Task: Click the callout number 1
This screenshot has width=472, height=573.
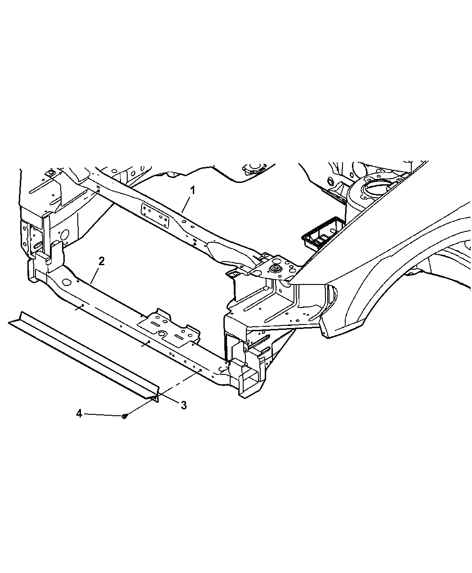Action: (x=193, y=190)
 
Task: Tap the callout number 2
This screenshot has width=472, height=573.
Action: (x=101, y=262)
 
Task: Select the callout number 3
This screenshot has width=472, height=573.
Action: (x=184, y=405)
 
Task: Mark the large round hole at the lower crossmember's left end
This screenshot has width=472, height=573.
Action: (x=66, y=282)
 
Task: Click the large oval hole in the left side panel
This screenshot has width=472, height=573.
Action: (x=65, y=235)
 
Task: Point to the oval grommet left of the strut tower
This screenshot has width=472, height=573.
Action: (x=330, y=181)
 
